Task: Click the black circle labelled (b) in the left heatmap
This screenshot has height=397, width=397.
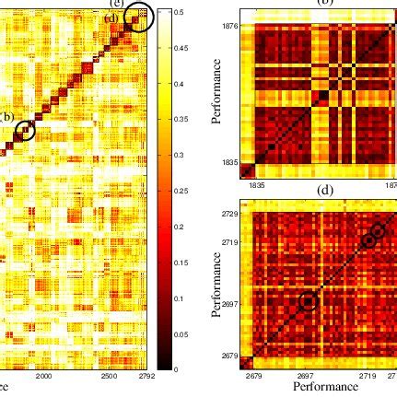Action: click(26, 131)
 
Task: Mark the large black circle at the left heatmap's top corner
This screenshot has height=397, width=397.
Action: click(139, 18)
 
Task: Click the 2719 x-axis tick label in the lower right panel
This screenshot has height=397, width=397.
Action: click(367, 377)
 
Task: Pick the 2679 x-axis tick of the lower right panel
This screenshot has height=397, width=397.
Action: click(255, 377)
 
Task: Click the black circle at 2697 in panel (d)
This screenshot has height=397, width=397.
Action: click(308, 301)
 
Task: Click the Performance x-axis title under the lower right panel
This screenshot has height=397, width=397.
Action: click(324, 388)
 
